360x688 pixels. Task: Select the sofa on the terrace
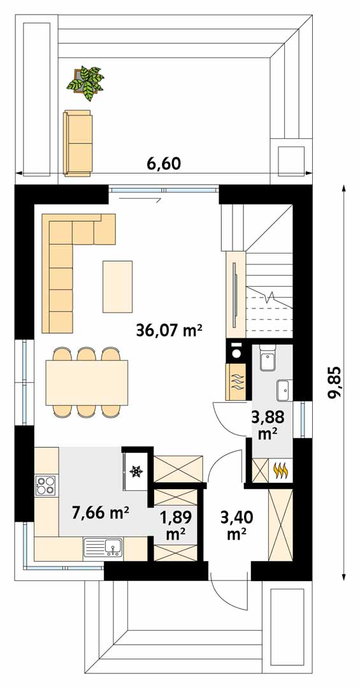[78, 143]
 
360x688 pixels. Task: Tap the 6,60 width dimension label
[164, 164]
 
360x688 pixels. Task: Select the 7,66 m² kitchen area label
[101, 512]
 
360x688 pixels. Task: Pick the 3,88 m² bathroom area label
[268, 424]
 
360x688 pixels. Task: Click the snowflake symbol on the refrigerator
[136, 471]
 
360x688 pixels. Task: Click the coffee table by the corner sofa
[118, 287]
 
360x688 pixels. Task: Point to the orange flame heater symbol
[280, 470]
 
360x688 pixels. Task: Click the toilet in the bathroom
[267, 359]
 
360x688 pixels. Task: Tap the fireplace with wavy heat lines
[236, 382]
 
